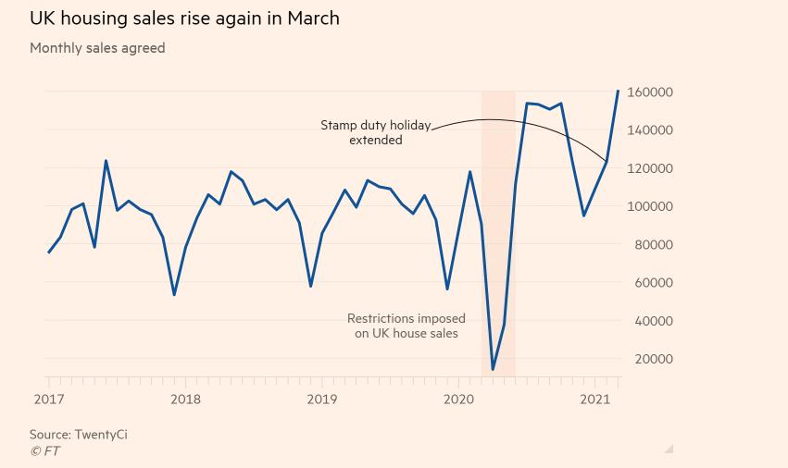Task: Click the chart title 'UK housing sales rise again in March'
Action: click(x=184, y=18)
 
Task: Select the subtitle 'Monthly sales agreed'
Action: click(x=97, y=48)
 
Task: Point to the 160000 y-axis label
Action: click(x=649, y=92)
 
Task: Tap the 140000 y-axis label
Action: click(x=649, y=130)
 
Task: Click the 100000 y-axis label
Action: click(x=649, y=206)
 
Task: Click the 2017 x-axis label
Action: click(x=49, y=400)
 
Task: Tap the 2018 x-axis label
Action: click(x=185, y=400)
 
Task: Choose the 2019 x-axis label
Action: click(x=322, y=400)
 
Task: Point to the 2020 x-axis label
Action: click(x=458, y=400)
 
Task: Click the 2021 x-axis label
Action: click(x=594, y=400)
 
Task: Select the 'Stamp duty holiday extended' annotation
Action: click(x=375, y=132)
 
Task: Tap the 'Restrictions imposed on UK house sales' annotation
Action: click(x=406, y=326)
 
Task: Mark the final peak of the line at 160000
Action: click(x=618, y=91)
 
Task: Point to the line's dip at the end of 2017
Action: click(x=174, y=295)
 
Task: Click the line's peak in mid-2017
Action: click(x=106, y=161)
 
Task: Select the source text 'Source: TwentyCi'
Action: click(x=78, y=434)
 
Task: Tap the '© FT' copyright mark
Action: click(x=44, y=451)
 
